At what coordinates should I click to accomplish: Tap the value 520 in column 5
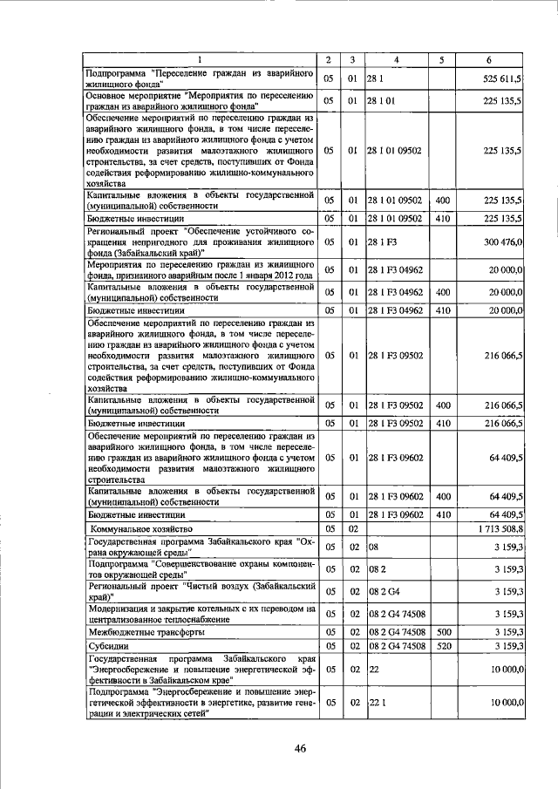[442, 647]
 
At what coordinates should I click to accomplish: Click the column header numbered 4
[396, 59]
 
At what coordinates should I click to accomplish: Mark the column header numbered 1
[200, 59]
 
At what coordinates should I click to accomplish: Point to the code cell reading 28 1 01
[383, 101]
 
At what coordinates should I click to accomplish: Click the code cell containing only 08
[374, 547]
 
